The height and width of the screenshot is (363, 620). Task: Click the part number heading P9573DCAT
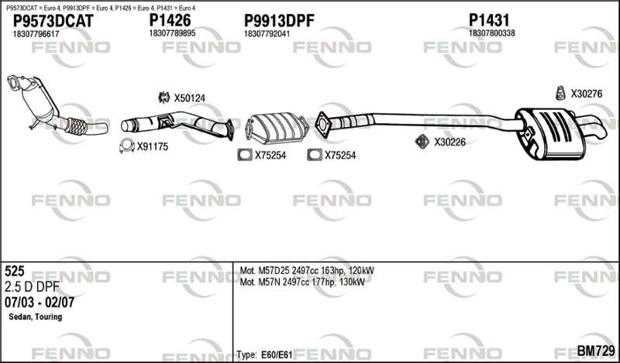[53, 21]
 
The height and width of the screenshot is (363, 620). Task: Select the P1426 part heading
[170, 21]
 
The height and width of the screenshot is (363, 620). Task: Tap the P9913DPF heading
[278, 21]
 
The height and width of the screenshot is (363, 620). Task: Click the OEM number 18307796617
[36, 34]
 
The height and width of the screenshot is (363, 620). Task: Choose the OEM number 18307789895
[172, 34]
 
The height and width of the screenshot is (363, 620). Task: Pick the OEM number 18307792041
[267, 34]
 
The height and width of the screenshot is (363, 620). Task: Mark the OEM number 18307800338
[492, 34]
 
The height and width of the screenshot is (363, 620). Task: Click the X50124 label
[189, 98]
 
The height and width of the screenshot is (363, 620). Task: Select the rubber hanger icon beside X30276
[560, 94]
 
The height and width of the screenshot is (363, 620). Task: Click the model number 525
[15, 272]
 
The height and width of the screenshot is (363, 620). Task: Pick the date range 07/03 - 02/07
[40, 302]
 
